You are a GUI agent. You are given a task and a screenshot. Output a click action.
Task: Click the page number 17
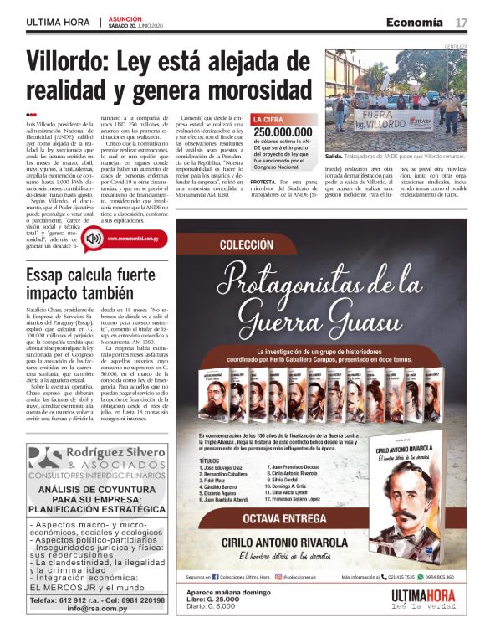(x=461, y=22)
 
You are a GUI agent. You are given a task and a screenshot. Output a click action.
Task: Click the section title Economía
(x=415, y=22)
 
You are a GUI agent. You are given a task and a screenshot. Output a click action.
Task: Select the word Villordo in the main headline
(x=69, y=62)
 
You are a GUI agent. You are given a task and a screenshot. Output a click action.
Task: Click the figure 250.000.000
(x=284, y=132)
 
